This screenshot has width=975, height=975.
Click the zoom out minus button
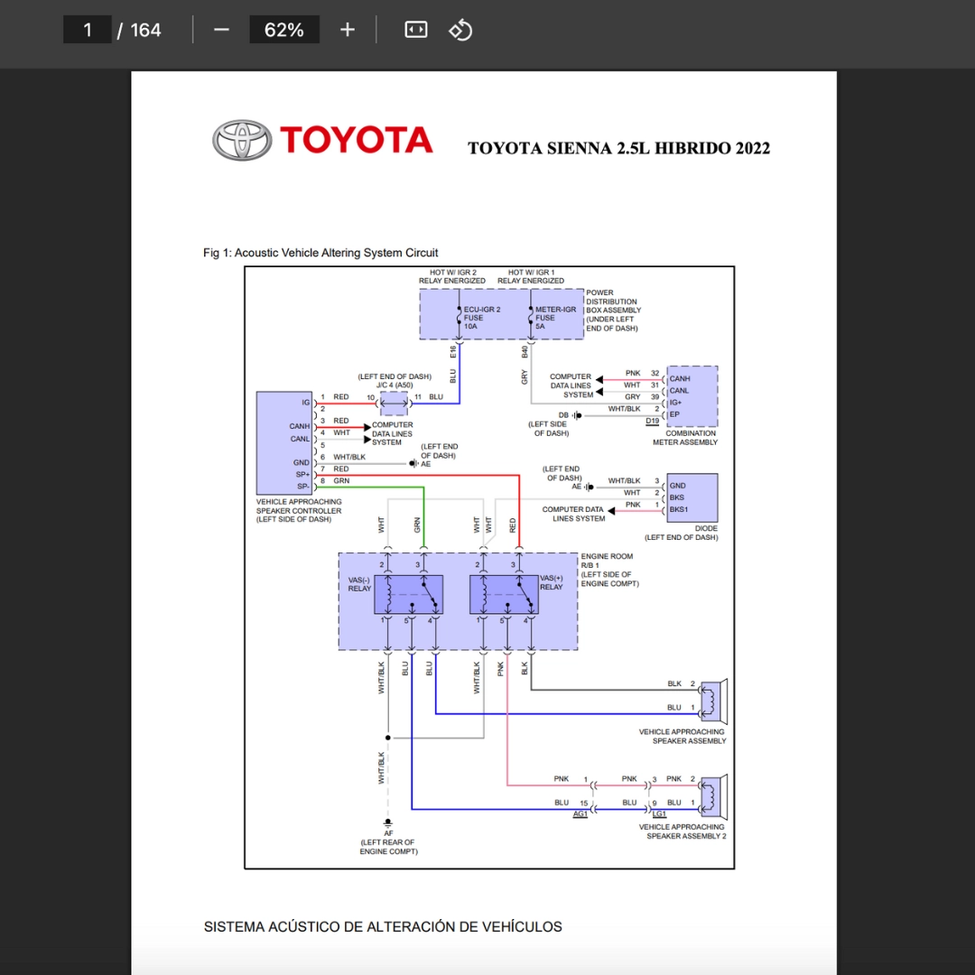221,30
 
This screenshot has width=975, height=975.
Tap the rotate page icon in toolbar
460,30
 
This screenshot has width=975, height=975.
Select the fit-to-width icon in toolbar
416,30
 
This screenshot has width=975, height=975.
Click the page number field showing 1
87,30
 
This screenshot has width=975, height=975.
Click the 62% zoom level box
284,30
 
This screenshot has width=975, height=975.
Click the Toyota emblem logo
242,141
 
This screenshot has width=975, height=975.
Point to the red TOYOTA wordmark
357,140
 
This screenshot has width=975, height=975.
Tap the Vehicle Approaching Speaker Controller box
285,442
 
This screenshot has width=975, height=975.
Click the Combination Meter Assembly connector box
692,396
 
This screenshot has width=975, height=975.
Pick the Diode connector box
692,497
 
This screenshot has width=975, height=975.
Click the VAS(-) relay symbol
409,595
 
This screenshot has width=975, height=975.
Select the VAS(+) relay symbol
504,595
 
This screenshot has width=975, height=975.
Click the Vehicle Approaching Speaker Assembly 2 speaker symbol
714,796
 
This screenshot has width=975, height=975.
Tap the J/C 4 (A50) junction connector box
395,404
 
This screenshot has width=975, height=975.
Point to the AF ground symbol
388,822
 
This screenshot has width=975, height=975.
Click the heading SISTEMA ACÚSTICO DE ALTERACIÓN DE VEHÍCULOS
383,927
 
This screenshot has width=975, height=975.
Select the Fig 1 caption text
320,253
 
